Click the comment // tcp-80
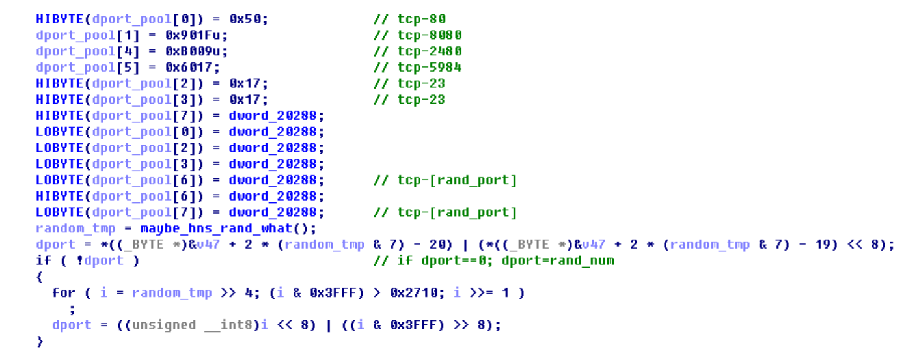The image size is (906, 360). (409, 20)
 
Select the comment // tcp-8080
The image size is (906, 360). (417, 35)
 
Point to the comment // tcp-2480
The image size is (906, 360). (417, 51)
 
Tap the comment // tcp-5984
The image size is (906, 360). (417, 68)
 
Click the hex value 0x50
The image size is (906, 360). (248, 20)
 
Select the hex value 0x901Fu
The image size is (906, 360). (197, 35)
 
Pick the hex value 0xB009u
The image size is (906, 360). (197, 51)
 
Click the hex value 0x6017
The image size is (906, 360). (193, 68)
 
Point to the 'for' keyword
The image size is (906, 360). (64, 293)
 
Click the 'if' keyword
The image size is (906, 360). (43, 261)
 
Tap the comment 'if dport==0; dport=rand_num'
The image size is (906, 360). (494, 261)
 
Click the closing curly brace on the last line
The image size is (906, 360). (39, 341)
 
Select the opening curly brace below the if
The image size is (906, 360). (39, 277)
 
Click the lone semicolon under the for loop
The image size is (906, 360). (72, 309)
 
